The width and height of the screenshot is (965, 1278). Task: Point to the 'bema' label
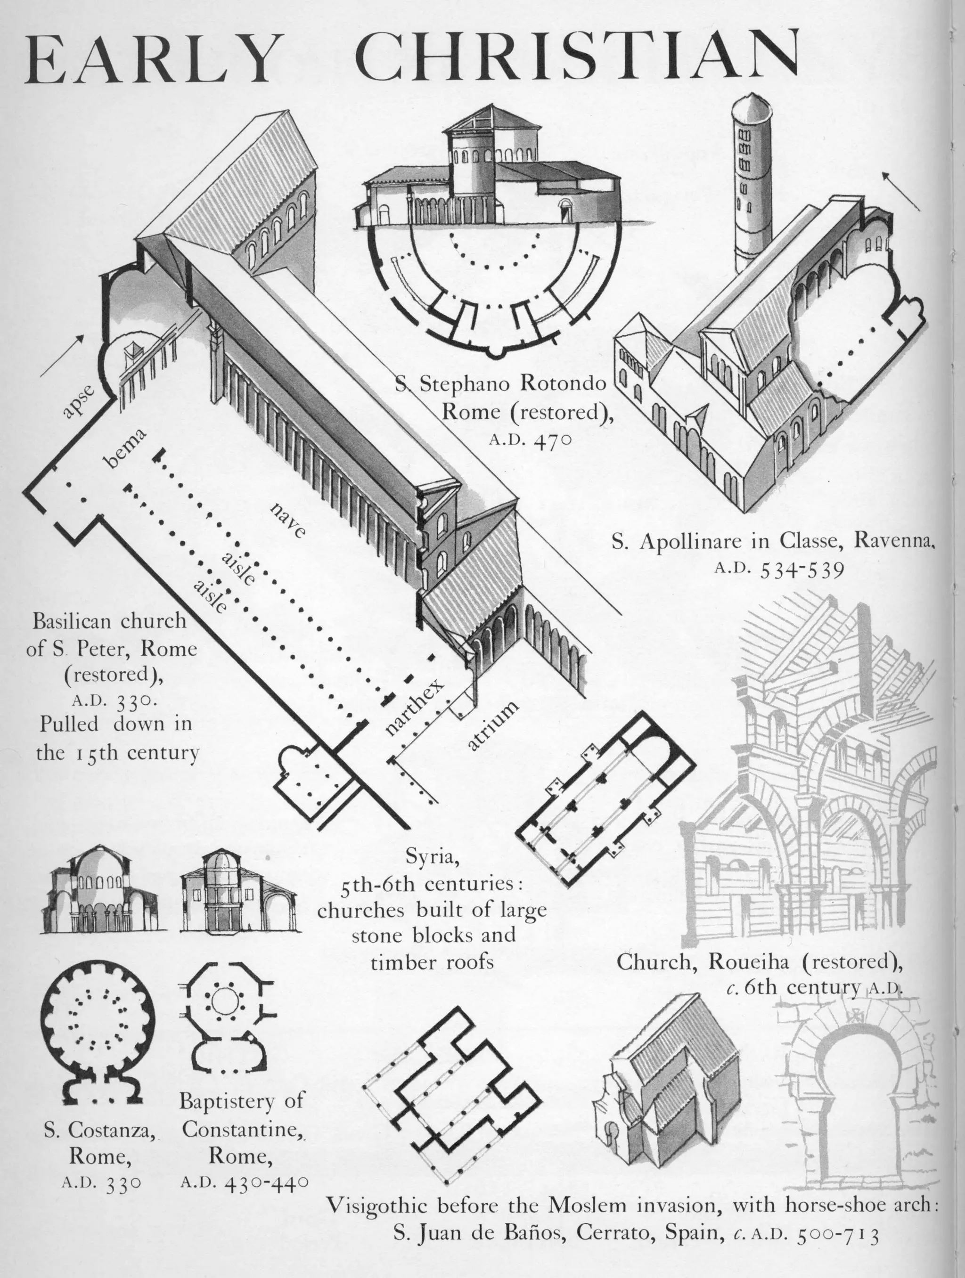123,448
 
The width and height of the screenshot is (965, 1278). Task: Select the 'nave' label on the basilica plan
287,520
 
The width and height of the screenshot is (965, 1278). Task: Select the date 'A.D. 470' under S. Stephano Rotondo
530,440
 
